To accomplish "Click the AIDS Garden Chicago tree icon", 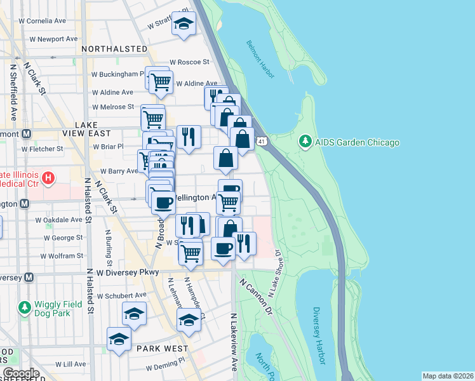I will coord(305,142).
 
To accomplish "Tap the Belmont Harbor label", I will coord(260,60).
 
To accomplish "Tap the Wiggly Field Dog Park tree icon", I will coord(25,308).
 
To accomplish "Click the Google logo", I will coord(20,373).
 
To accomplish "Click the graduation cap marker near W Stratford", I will coord(184,24).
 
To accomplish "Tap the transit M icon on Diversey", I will coord(28,277).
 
